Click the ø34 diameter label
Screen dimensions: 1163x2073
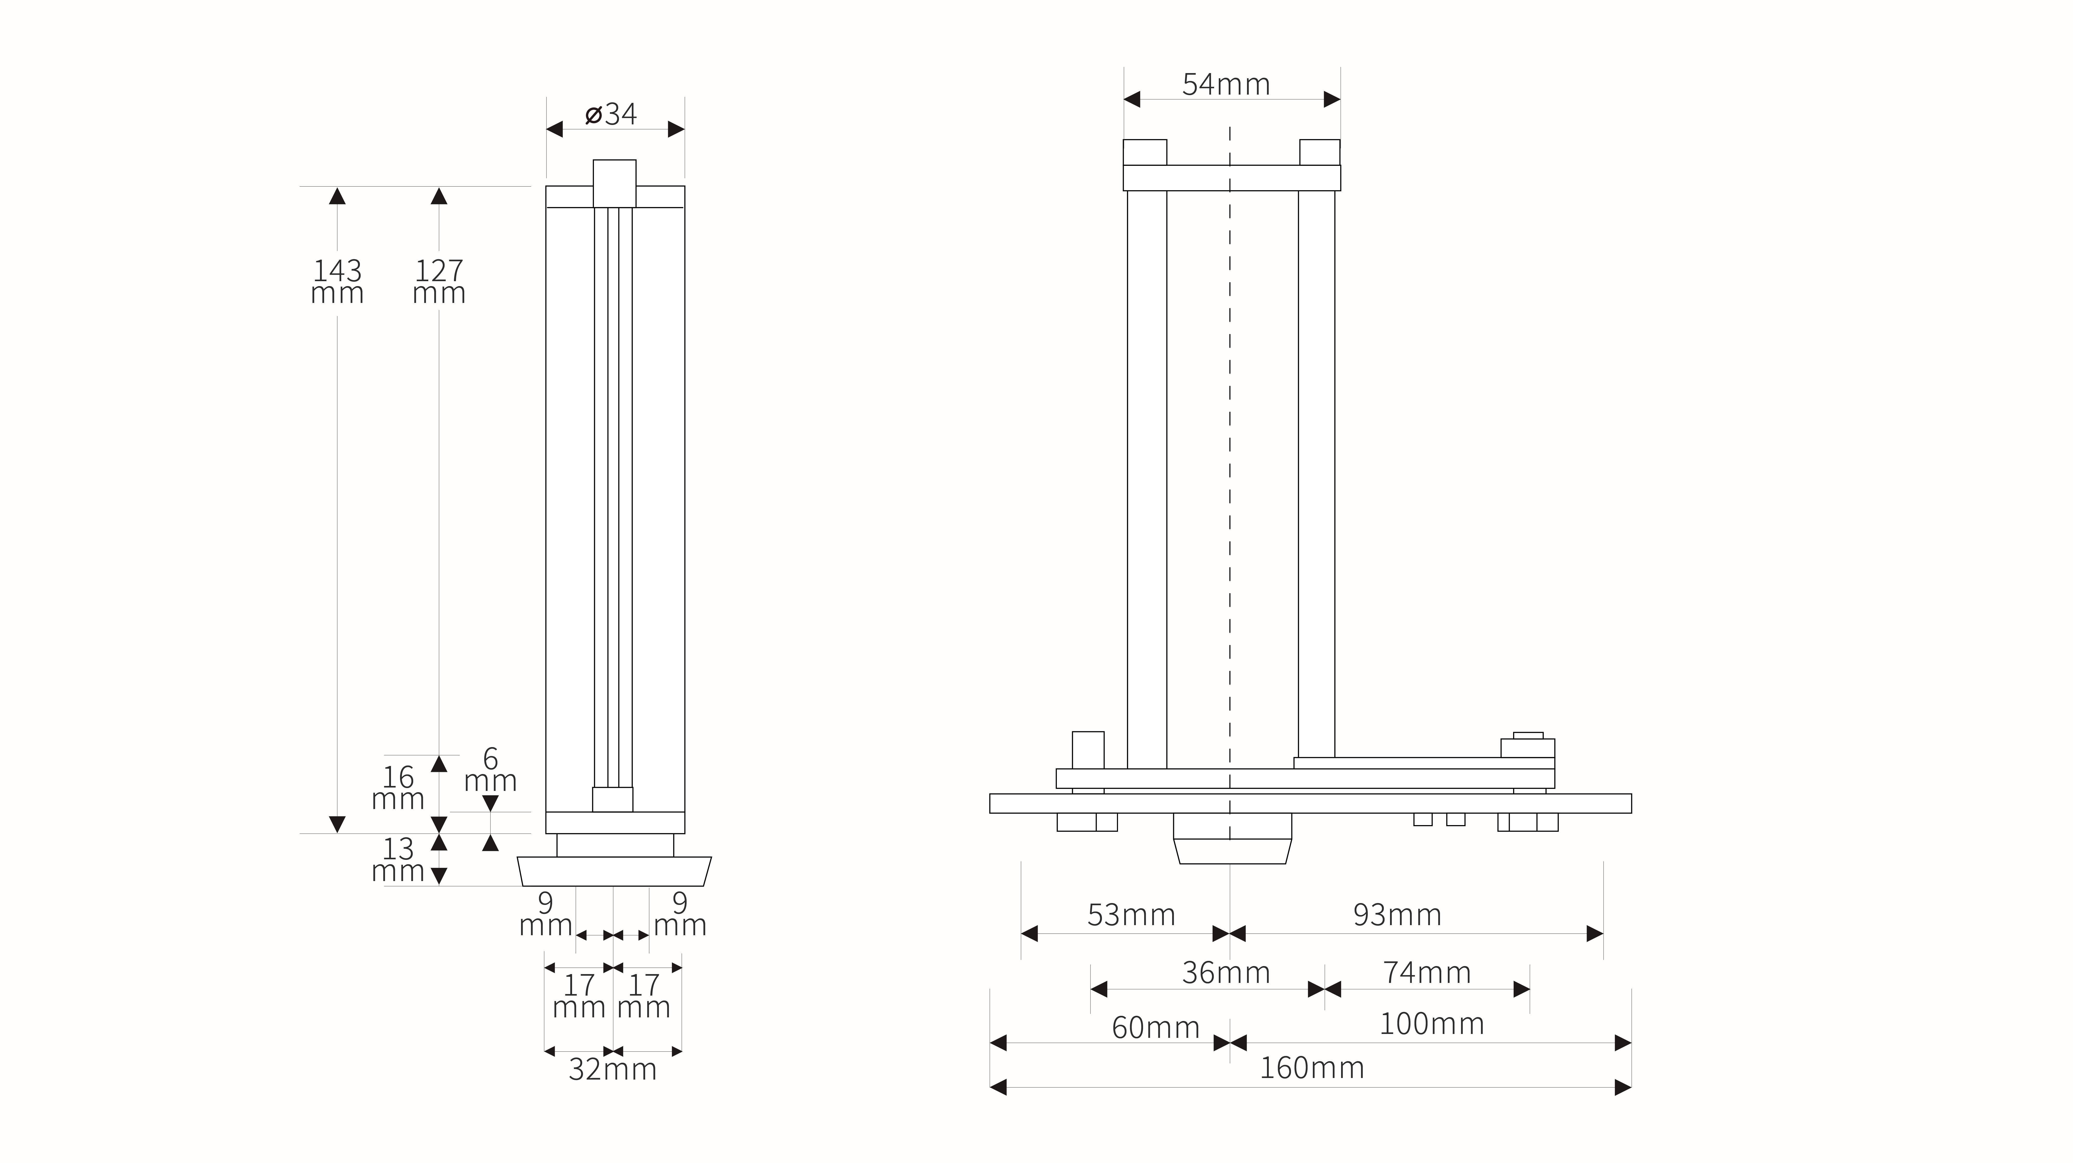click(x=612, y=114)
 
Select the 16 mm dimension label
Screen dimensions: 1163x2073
click(x=397, y=788)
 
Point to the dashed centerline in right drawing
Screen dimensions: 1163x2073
click(x=1230, y=483)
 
